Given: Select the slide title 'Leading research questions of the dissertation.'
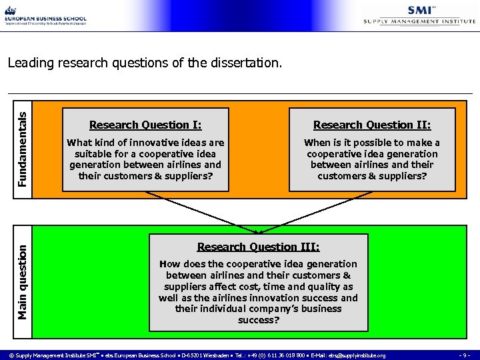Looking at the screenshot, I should coord(145,63).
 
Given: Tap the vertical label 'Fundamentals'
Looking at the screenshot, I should coord(22,149).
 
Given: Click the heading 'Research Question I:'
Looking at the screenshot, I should coord(145,125).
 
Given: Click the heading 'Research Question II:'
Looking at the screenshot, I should coord(372,125).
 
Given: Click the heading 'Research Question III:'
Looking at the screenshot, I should coord(259,247).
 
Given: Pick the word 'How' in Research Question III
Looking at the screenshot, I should coord(170,264).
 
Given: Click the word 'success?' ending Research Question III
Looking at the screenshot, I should coord(259,320).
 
